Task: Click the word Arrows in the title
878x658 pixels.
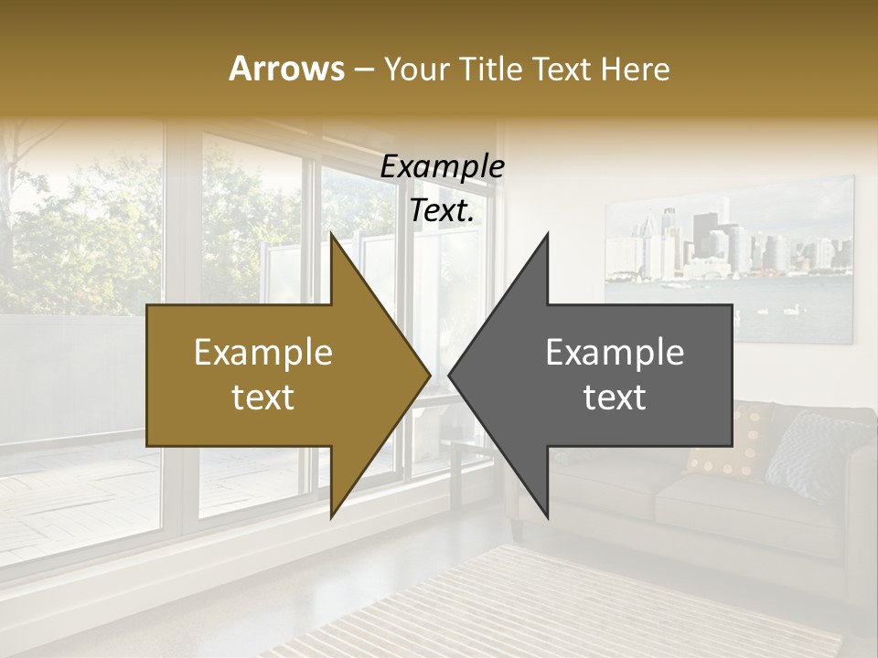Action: [x=287, y=69]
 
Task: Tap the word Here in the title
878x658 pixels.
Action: [x=636, y=69]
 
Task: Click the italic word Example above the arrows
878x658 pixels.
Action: [x=442, y=166]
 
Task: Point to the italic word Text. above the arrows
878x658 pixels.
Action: [x=442, y=210]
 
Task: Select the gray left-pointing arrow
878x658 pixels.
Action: [x=622, y=375]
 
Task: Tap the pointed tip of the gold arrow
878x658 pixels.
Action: [x=427, y=375]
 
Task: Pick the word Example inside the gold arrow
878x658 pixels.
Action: [x=263, y=353]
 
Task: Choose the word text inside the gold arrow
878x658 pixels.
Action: [x=263, y=397]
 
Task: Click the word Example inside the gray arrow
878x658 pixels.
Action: [x=615, y=353]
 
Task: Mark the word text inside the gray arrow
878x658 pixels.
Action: [x=615, y=397]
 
